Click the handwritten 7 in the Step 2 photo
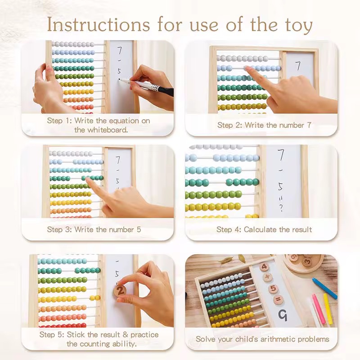click(x=297, y=66)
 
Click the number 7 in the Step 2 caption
click(x=309, y=125)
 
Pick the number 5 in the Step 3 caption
click(x=139, y=229)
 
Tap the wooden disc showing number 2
click(x=121, y=291)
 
